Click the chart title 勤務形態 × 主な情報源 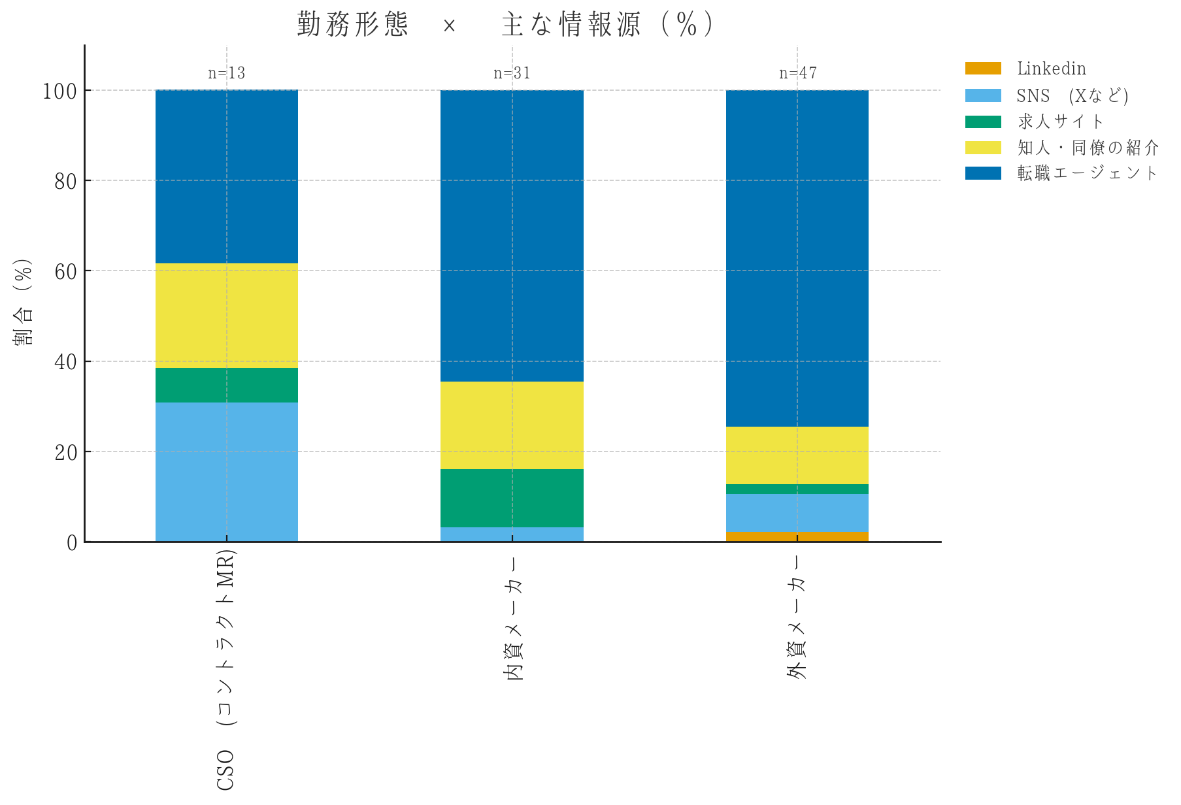click(x=505, y=25)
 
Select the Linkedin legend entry click(x=1051, y=69)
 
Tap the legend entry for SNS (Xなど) click(x=1072, y=95)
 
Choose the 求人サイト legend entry click(x=1060, y=122)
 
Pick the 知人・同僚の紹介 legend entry click(x=1088, y=148)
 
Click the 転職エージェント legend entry click(x=1087, y=173)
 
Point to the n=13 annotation click(x=227, y=73)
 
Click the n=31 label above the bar click(x=512, y=73)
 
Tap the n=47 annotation click(x=797, y=73)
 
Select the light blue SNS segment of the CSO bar click(x=227, y=472)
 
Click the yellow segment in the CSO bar click(x=227, y=316)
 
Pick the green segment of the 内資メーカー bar click(x=512, y=498)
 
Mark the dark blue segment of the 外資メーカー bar click(x=797, y=258)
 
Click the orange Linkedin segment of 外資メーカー click(x=797, y=536)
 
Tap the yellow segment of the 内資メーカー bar click(x=512, y=425)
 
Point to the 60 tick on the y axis click(x=65, y=271)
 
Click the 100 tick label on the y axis click(x=59, y=91)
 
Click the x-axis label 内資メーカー click(x=515, y=619)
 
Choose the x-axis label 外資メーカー click(x=797, y=617)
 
